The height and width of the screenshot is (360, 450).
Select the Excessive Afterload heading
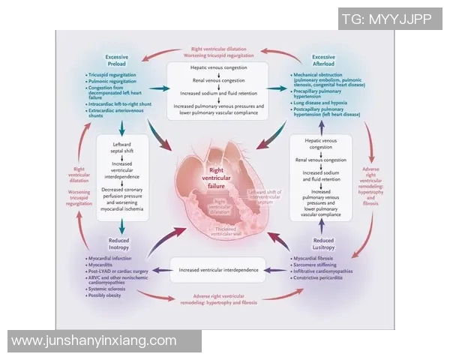323,60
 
